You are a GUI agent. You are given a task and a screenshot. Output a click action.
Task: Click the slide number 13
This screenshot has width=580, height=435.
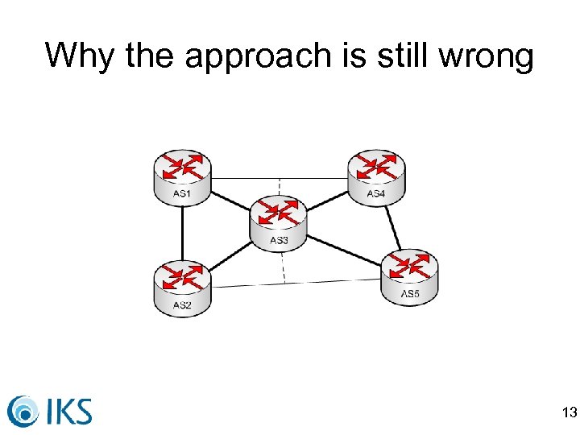pos(569,413)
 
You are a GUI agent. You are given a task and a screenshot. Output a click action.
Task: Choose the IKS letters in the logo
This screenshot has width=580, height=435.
pos(69,410)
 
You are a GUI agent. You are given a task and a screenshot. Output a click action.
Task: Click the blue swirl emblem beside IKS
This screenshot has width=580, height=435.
pos(24,411)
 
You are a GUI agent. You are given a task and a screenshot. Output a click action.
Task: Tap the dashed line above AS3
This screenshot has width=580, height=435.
pos(280,188)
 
